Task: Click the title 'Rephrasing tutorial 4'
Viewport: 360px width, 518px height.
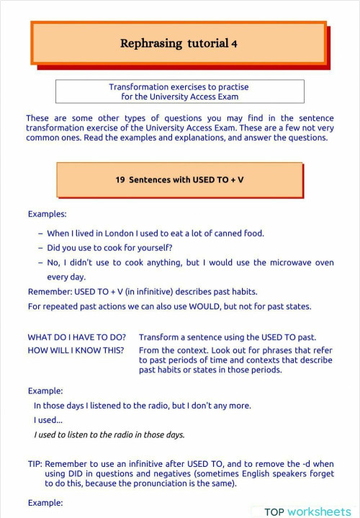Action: point(179,43)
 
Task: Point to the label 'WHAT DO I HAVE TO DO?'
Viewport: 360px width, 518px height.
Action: point(77,337)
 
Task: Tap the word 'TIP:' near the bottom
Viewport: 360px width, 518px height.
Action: point(35,465)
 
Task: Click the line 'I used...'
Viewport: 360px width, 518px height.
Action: point(48,420)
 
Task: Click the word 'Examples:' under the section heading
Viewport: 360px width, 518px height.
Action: point(48,214)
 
